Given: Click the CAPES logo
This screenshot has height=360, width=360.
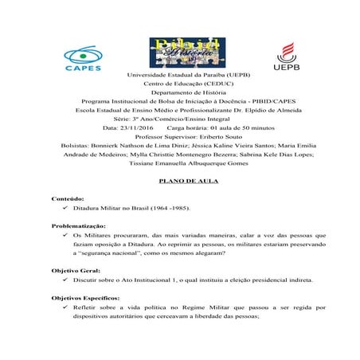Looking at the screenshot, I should [83, 57].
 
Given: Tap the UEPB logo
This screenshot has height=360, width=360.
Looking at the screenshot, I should [286, 57].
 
